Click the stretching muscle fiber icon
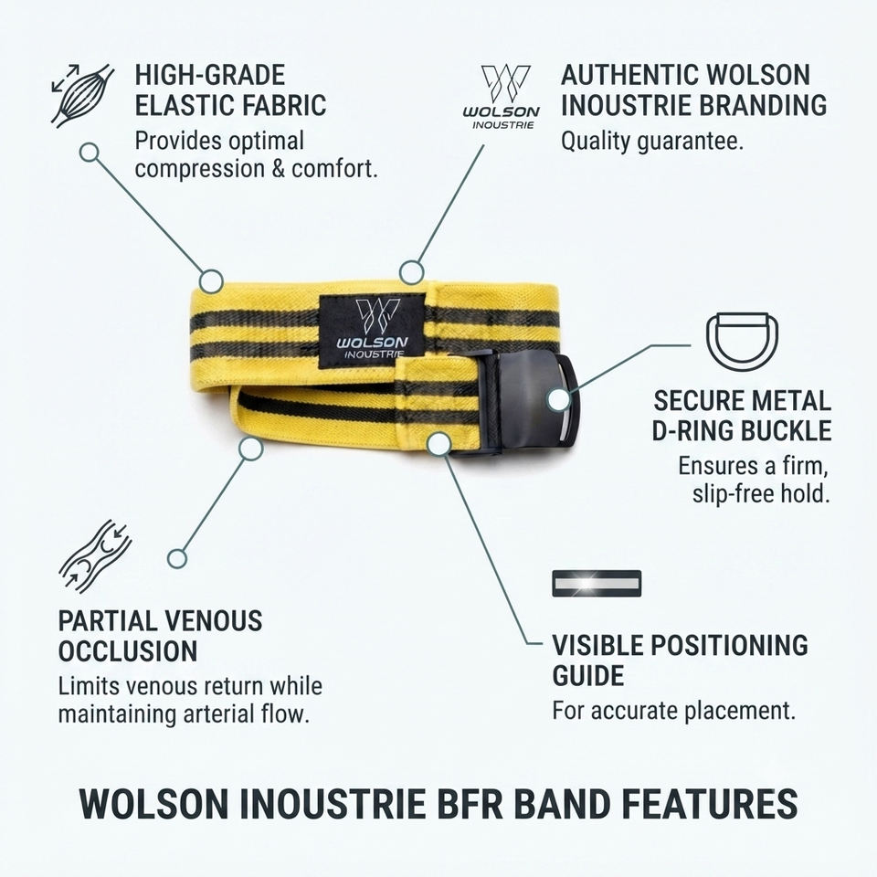tap(82, 95)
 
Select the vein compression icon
tap(95, 556)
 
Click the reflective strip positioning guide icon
tap(597, 584)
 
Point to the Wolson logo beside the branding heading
tap(502, 97)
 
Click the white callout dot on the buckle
tap(559, 400)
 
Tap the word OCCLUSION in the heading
tap(128, 651)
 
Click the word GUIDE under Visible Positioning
tap(587, 676)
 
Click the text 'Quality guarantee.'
tap(652, 141)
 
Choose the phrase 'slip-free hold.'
tap(761, 493)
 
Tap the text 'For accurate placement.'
tap(673, 711)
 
